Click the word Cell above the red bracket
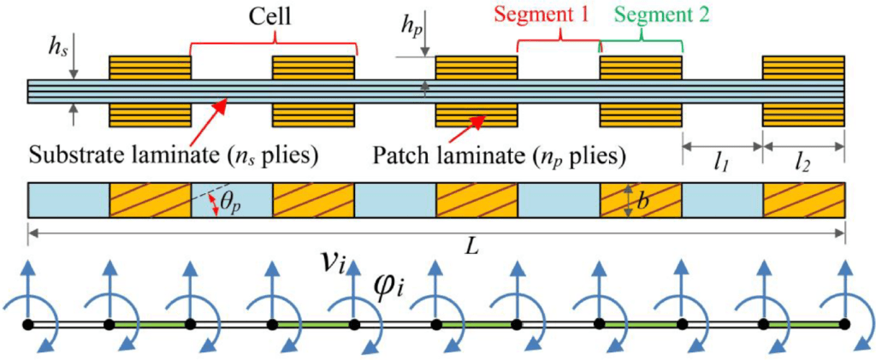pos(274,17)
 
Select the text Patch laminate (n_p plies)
pos(499,157)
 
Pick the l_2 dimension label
pos(804,162)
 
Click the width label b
pos(642,200)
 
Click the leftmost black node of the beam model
pos(28,325)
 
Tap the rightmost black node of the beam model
pos(845,325)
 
